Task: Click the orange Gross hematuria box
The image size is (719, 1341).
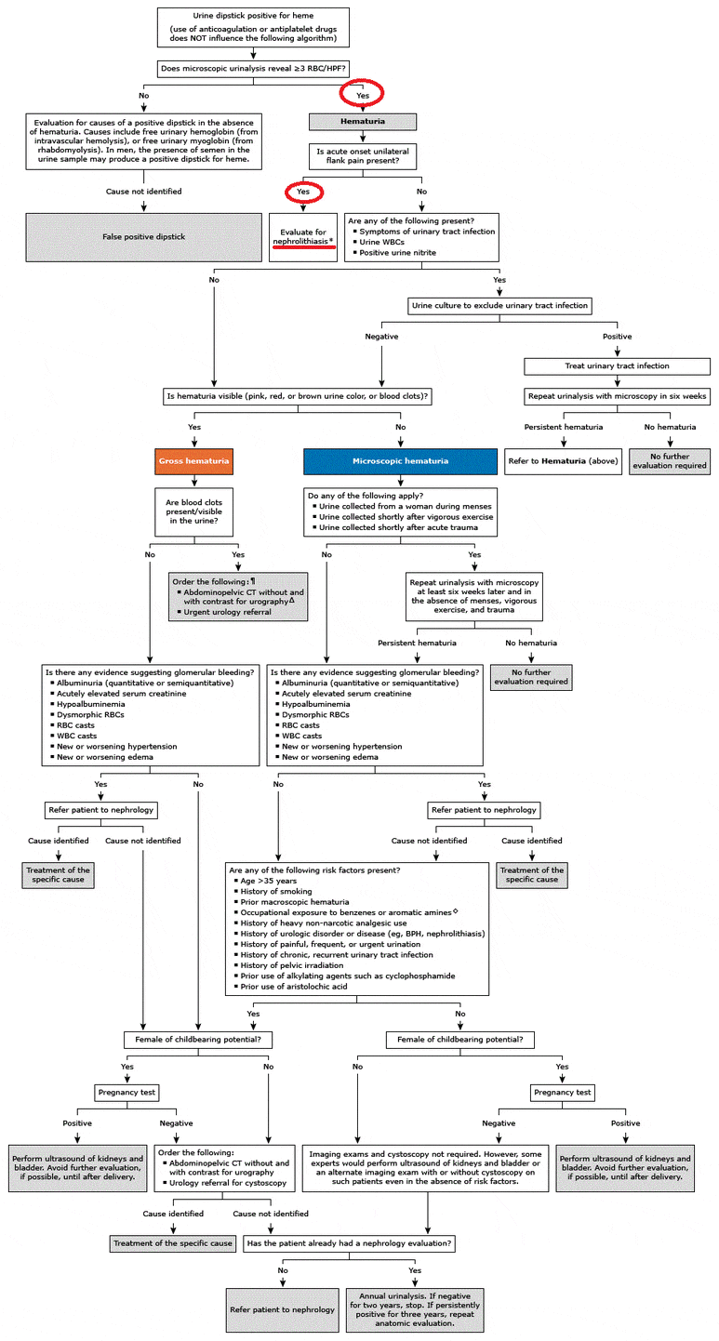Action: pos(194,461)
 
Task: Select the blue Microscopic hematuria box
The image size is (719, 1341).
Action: pos(401,461)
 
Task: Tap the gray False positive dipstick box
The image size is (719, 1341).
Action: pos(143,237)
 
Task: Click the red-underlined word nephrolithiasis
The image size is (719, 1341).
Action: pos(300,242)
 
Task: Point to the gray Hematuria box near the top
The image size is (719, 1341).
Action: pos(363,122)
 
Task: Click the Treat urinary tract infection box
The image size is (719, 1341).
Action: pos(618,365)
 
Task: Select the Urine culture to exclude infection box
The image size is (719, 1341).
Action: pos(499,306)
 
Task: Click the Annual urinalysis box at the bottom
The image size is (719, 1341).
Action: pos(415,1309)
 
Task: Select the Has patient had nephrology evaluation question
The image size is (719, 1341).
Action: pos(349,1243)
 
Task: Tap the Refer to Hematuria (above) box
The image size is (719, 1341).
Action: pos(564,461)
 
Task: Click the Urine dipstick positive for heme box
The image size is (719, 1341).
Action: pos(253,27)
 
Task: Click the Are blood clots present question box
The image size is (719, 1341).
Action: pos(194,511)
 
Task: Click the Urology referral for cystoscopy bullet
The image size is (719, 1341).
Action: pos(224,1183)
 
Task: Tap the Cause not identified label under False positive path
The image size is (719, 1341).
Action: pos(143,192)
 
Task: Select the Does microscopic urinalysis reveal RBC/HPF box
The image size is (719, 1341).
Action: pos(253,68)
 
